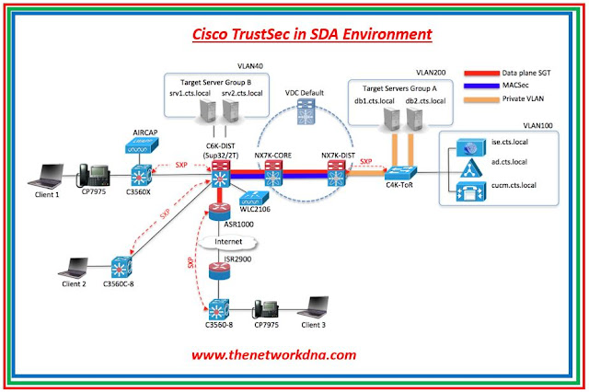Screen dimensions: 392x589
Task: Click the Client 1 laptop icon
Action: coord(44,172)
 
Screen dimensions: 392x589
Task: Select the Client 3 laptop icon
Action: coord(318,306)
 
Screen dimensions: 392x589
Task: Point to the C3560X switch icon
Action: coord(144,175)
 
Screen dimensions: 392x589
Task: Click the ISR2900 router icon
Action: coord(217,274)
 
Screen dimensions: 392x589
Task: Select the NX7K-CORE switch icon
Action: coord(273,170)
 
